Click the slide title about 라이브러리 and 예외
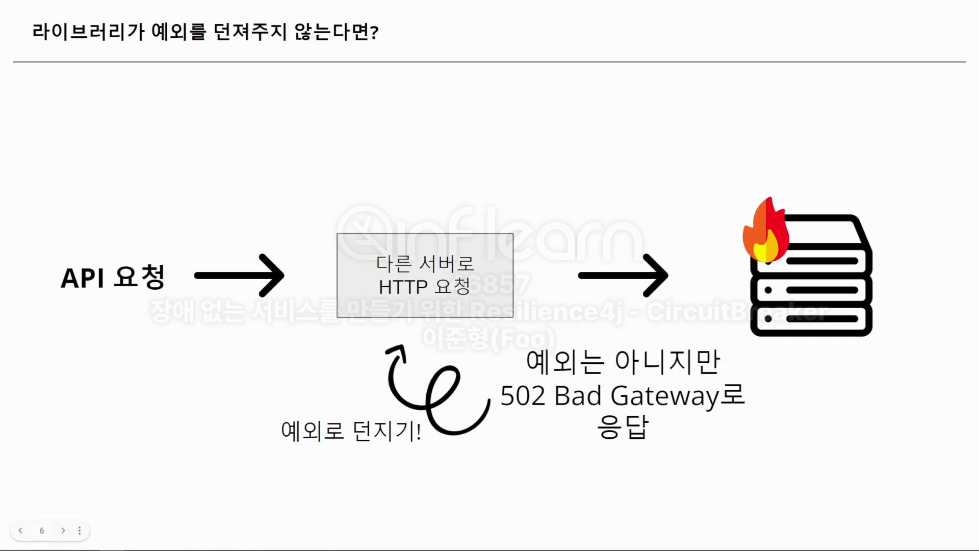tap(205, 32)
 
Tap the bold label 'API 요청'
tap(113, 277)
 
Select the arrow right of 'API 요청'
tap(240, 275)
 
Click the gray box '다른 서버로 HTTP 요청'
tap(425, 275)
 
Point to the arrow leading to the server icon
tap(623, 275)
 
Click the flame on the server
tap(765, 232)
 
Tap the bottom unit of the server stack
tap(811, 319)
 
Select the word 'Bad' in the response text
tap(578, 396)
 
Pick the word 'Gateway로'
tap(678, 396)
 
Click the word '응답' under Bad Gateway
tap(623, 428)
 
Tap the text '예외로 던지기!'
tap(351, 431)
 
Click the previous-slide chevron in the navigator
tap(20, 531)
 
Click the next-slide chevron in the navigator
tap(63, 531)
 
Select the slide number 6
tap(42, 531)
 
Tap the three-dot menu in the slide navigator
tap(80, 531)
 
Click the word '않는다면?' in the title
tap(337, 32)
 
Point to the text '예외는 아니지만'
tap(623, 362)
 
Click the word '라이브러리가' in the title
tap(88, 32)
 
